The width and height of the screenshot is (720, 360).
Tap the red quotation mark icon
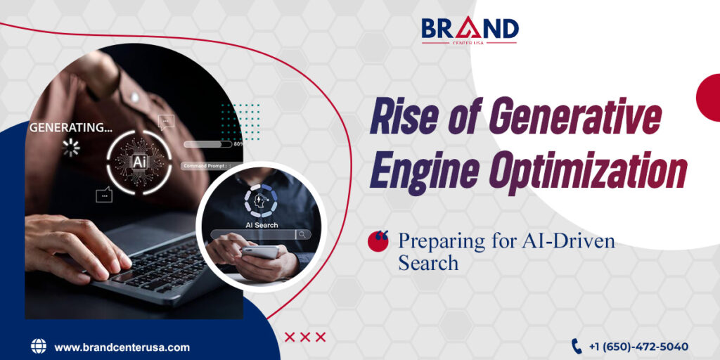click(378, 240)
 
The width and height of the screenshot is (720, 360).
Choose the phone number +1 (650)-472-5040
click(638, 347)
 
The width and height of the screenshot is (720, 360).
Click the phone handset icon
click(577, 346)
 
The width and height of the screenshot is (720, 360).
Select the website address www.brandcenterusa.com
click(122, 347)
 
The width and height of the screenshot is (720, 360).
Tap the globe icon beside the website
click(38, 346)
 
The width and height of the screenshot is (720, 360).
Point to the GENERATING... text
click(70, 128)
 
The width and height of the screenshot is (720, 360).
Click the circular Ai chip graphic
click(139, 161)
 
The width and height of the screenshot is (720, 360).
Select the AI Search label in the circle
click(261, 225)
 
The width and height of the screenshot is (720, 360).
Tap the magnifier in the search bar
click(302, 235)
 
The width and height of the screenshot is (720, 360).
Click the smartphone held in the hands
click(261, 252)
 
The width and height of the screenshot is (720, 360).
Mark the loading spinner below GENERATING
click(71, 147)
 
